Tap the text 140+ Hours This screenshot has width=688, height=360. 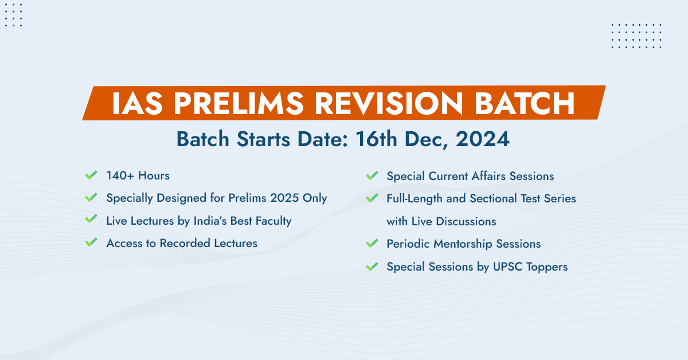(x=138, y=175)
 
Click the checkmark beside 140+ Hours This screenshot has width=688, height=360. (x=91, y=175)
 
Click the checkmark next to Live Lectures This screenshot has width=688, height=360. (x=91, y=220)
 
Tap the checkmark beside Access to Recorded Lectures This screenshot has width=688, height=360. (x=91, y=242)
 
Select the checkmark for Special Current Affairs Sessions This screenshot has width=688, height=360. (x=372, y=175)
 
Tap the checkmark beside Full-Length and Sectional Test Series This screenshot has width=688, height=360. (x=372, y=198)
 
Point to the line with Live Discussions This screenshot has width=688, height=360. (x=441, y=221)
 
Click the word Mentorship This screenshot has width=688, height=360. (x=464, y=244)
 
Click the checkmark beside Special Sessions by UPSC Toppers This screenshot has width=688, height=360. (x=372, y=266)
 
